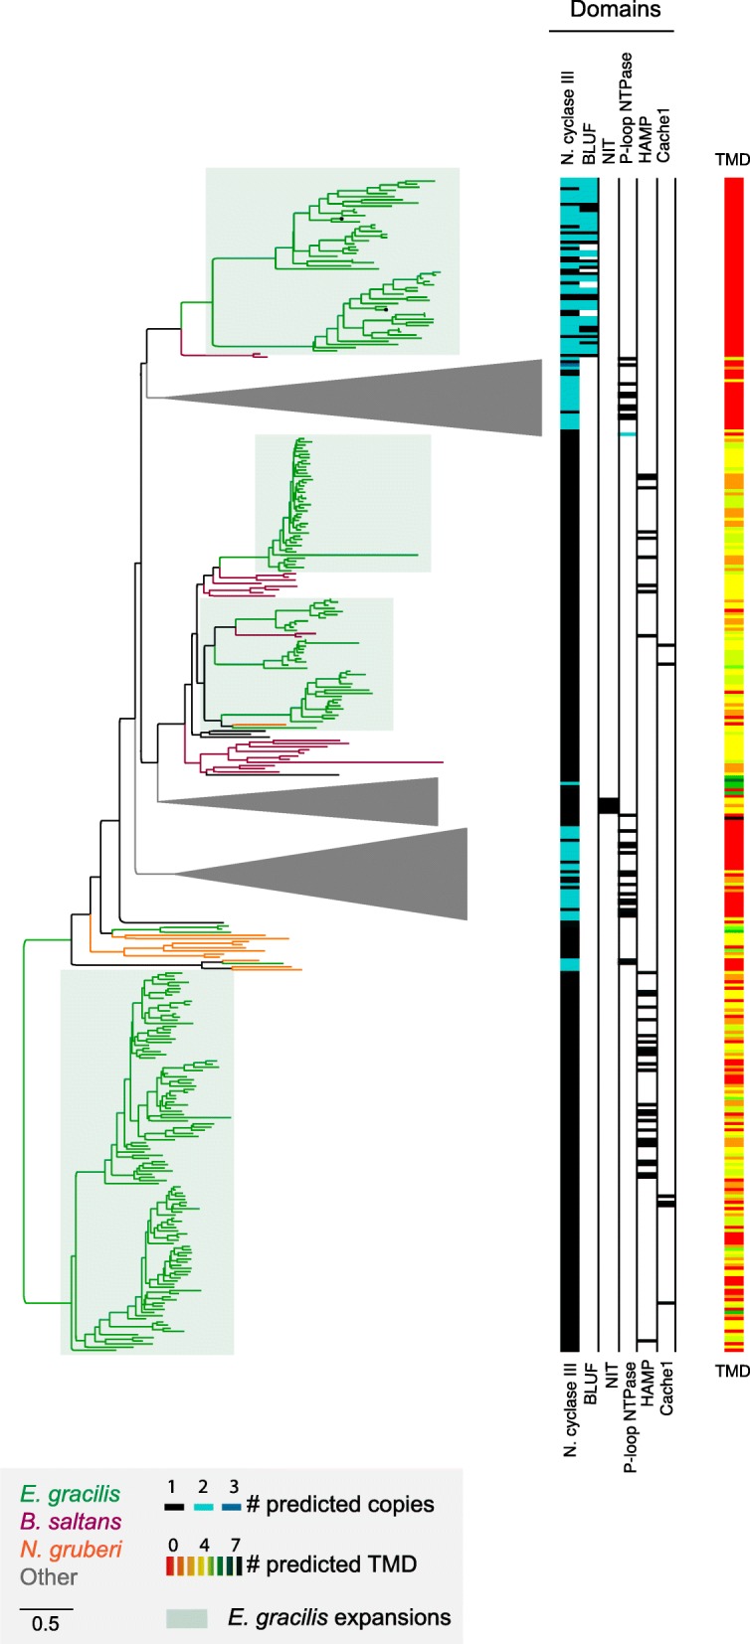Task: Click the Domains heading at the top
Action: point(615,11)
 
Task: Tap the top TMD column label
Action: point(732,160)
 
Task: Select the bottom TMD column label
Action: point(732,1371)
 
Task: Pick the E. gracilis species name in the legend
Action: point(71,1494)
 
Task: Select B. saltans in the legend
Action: point(71,1521)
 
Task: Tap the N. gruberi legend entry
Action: point(71,1549)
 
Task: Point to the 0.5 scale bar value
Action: point(45,1624)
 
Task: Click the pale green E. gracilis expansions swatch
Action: point(186,1618)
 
